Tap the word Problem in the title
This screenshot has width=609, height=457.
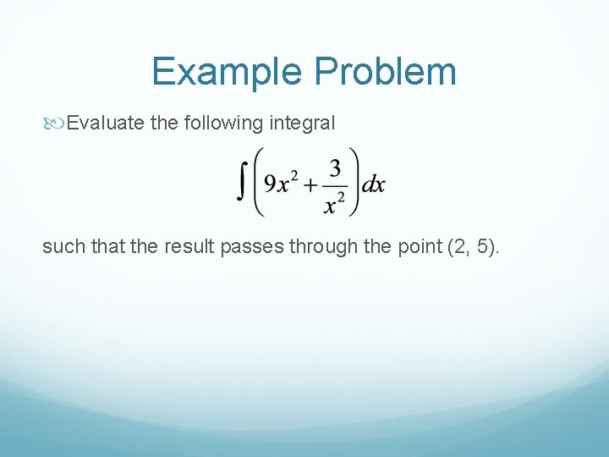[x=386, y=72]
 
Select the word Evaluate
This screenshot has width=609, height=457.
[x=106, y=124]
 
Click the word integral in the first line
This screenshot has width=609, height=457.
[x=302, y=124]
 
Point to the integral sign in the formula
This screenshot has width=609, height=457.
[x=242, y=183]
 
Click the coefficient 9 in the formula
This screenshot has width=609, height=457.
[x=270, y=184]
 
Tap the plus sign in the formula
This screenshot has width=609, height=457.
[x=310, y=184]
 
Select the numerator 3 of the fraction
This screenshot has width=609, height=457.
[x=335, y=169]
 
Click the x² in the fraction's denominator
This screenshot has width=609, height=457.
[x=336, y=201]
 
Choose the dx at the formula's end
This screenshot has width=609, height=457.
[x=374, y=184]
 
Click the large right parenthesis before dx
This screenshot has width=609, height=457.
[x=354, y=183]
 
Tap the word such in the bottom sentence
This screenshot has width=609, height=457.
[x=62, y=247]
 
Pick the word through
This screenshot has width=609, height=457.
[x=325, y=247]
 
